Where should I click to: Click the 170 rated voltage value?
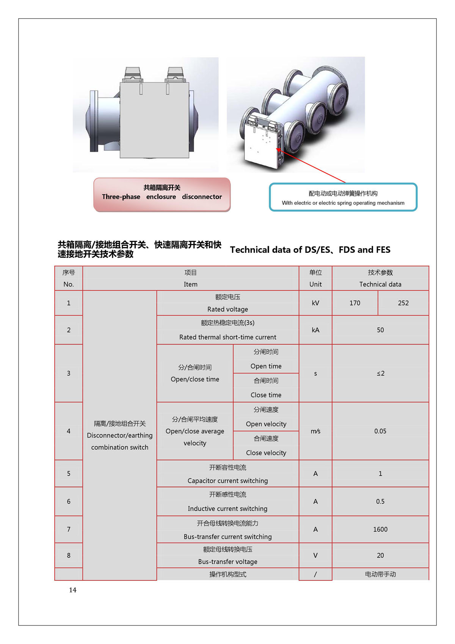click(355, 303)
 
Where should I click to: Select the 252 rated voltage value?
click(403, 303)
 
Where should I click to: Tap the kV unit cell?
click(315, 303)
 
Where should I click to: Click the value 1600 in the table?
click(380, 529)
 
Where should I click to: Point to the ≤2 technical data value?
click(380, 373)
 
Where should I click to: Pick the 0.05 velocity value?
click(380, 431)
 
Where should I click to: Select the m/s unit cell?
click(315, 431)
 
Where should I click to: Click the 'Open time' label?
click(266, 366)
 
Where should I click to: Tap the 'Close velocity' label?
click(266, 453)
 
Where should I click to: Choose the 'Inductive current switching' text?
click(227, 509)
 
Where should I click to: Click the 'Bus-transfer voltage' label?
click(227, 562)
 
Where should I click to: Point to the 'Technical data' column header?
click(380, 284)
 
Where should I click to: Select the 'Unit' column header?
click(315, 284)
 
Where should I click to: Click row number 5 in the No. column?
click(69, 474)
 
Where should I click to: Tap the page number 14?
click(72, 590)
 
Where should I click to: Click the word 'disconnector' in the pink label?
click(202, 197)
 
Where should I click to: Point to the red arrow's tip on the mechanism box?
click(277, 149)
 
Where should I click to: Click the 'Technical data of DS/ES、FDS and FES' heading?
click(310, 250)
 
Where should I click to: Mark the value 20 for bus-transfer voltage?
click(380, 555)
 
